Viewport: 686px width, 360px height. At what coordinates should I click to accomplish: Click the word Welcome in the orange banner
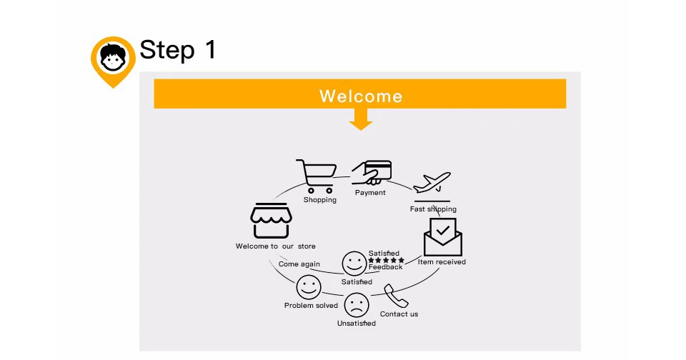360,96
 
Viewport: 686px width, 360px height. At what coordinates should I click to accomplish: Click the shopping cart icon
317,176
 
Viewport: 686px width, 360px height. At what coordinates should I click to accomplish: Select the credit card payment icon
372,172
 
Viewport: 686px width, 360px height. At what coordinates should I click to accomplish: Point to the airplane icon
432,183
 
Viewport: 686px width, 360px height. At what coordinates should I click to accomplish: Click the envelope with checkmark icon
443,237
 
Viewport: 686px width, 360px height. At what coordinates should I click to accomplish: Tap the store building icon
270,220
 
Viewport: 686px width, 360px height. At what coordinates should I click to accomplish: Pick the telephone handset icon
395,296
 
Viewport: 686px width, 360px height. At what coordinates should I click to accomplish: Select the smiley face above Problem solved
309,288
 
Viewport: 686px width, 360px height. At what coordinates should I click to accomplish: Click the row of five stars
386,260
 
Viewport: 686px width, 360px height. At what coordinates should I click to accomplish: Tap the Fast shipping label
433,209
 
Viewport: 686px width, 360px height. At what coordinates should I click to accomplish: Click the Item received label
442,262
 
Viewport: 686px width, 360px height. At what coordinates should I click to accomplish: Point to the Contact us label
399,314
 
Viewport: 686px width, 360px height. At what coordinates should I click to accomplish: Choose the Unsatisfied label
356,324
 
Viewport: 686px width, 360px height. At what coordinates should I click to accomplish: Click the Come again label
299,264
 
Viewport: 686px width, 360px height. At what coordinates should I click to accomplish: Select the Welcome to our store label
275,246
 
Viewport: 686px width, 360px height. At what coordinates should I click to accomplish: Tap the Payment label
370,193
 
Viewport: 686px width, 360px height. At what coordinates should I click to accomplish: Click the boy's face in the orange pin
113,59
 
